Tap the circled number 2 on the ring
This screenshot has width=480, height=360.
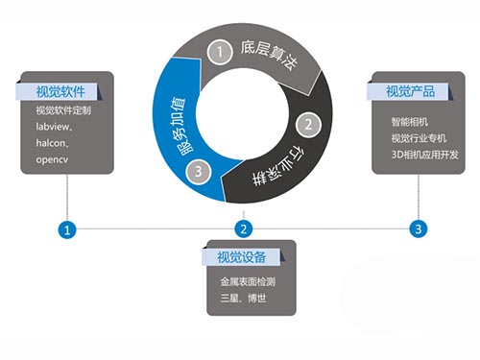click(307, 124)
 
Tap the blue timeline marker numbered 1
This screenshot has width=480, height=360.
click(66, 228)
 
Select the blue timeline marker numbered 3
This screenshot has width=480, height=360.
click(418, 228)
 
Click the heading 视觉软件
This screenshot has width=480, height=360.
click(60, 91)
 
